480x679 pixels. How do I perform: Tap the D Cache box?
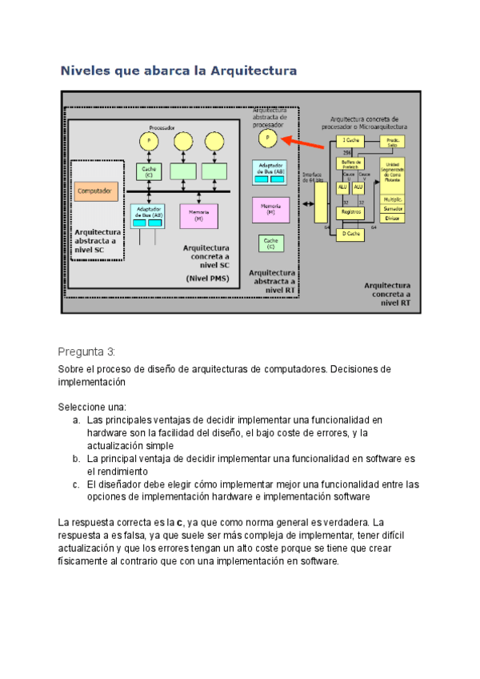tap(350, 234)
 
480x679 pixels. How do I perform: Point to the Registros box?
tap(350, 211)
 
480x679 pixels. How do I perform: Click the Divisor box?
tap(392, 217)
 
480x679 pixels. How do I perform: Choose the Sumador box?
tap(392, 208)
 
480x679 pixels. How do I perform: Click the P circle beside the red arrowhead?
tap(269, 139)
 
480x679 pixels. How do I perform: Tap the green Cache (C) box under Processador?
tap(149, 171)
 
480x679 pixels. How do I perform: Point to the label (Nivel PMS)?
tap(207, 279)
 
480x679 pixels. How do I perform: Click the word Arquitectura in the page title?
tap(254, 71)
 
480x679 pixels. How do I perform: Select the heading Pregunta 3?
tap(87, 352)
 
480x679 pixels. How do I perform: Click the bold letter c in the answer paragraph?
tap(179, 523)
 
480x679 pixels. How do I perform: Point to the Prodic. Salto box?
tap(392, 142)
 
